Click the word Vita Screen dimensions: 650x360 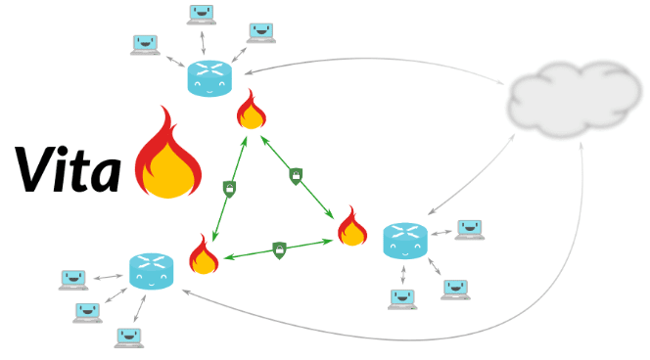[68, 169]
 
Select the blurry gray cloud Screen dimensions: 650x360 [575, 100]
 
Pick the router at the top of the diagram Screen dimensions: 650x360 [209, 78]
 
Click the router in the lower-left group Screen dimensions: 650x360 [151, 271]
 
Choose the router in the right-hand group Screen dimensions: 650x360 [404, 241]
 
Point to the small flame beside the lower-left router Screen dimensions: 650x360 [204, 254]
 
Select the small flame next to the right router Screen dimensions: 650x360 [352, 226]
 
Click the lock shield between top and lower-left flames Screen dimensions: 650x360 [229, 189]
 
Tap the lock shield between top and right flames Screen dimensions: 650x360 [296, 176]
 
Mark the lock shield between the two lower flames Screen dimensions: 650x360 [279, 250]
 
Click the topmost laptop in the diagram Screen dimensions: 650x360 [201, 15]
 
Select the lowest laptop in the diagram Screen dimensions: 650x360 [129, 338]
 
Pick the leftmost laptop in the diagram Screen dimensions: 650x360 [73, 280]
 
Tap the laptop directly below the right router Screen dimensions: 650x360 [402, 299]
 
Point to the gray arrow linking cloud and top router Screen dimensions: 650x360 [373, 60]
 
